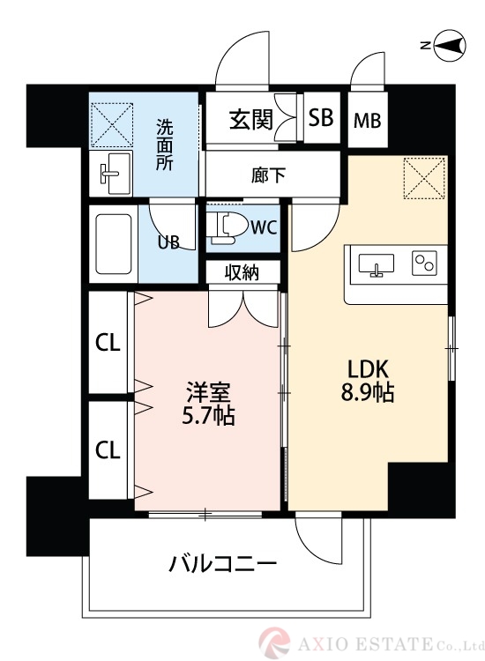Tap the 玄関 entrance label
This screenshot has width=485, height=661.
point(250,118)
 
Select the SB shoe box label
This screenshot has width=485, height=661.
point(321,118)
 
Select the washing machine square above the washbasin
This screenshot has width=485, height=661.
point(111,123)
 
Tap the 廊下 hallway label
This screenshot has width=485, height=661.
point(268,175)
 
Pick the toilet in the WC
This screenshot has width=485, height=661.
point(224,227)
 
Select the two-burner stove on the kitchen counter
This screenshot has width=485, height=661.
point(425,263)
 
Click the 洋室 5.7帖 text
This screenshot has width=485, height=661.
point(209,402)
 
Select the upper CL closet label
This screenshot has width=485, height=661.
point(108,345)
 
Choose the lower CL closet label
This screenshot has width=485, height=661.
point(108,451)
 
